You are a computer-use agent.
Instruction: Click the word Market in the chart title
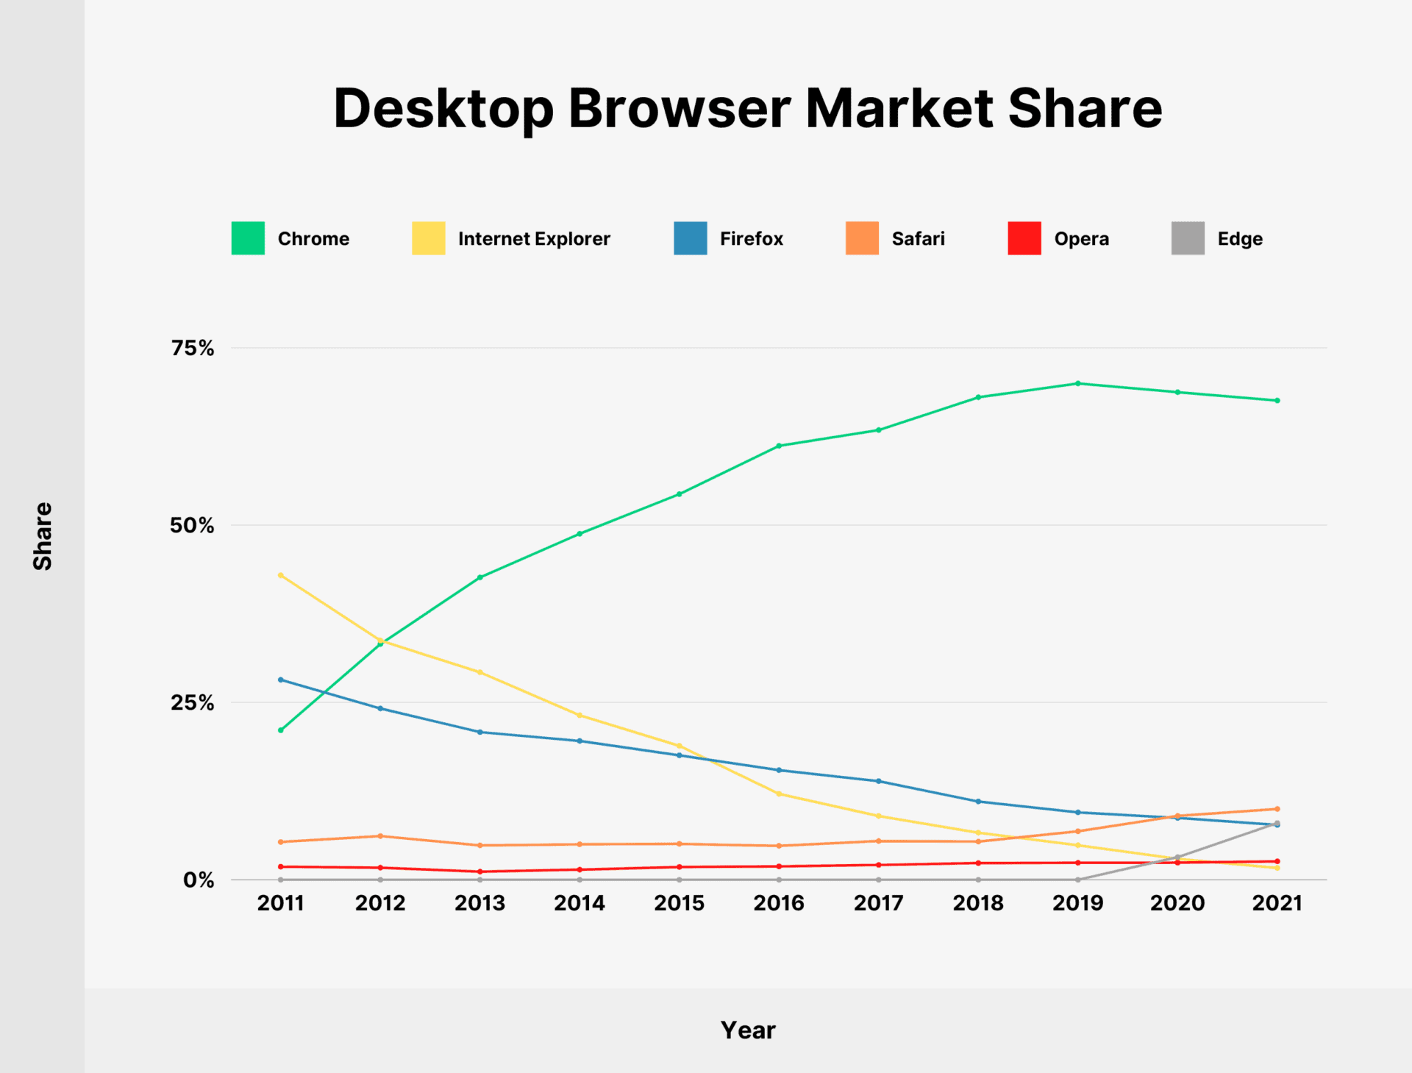click(899, 109)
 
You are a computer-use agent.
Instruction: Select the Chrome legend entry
click(313, 239)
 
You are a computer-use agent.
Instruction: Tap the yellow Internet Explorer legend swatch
click(428, 238)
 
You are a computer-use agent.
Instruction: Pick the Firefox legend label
click(751, 239)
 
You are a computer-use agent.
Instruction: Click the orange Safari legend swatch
click(862, 238)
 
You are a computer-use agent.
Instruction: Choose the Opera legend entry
click(1080, 239)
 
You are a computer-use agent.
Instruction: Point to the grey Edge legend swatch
click(1187, 238)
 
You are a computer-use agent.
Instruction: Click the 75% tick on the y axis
click(192, 348)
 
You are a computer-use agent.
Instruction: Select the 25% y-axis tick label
click(192, 702)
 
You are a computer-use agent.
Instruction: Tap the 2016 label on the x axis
click(778, 903)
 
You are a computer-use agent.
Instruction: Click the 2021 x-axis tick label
click(1277, 903)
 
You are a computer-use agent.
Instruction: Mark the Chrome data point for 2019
click(1077, 383)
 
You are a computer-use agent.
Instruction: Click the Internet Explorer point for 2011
click(281, 575)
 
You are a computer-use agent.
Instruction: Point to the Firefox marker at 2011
click(281, 680)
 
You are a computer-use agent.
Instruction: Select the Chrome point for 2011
click(281, 730)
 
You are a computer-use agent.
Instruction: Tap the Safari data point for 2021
click(1277, 809)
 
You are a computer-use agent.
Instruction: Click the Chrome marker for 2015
click(679, 494)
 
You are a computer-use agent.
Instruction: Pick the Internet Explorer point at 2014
click(580, 715)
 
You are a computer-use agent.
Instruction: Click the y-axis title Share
click(43, 536)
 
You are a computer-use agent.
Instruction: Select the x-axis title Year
click(747, 1030)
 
